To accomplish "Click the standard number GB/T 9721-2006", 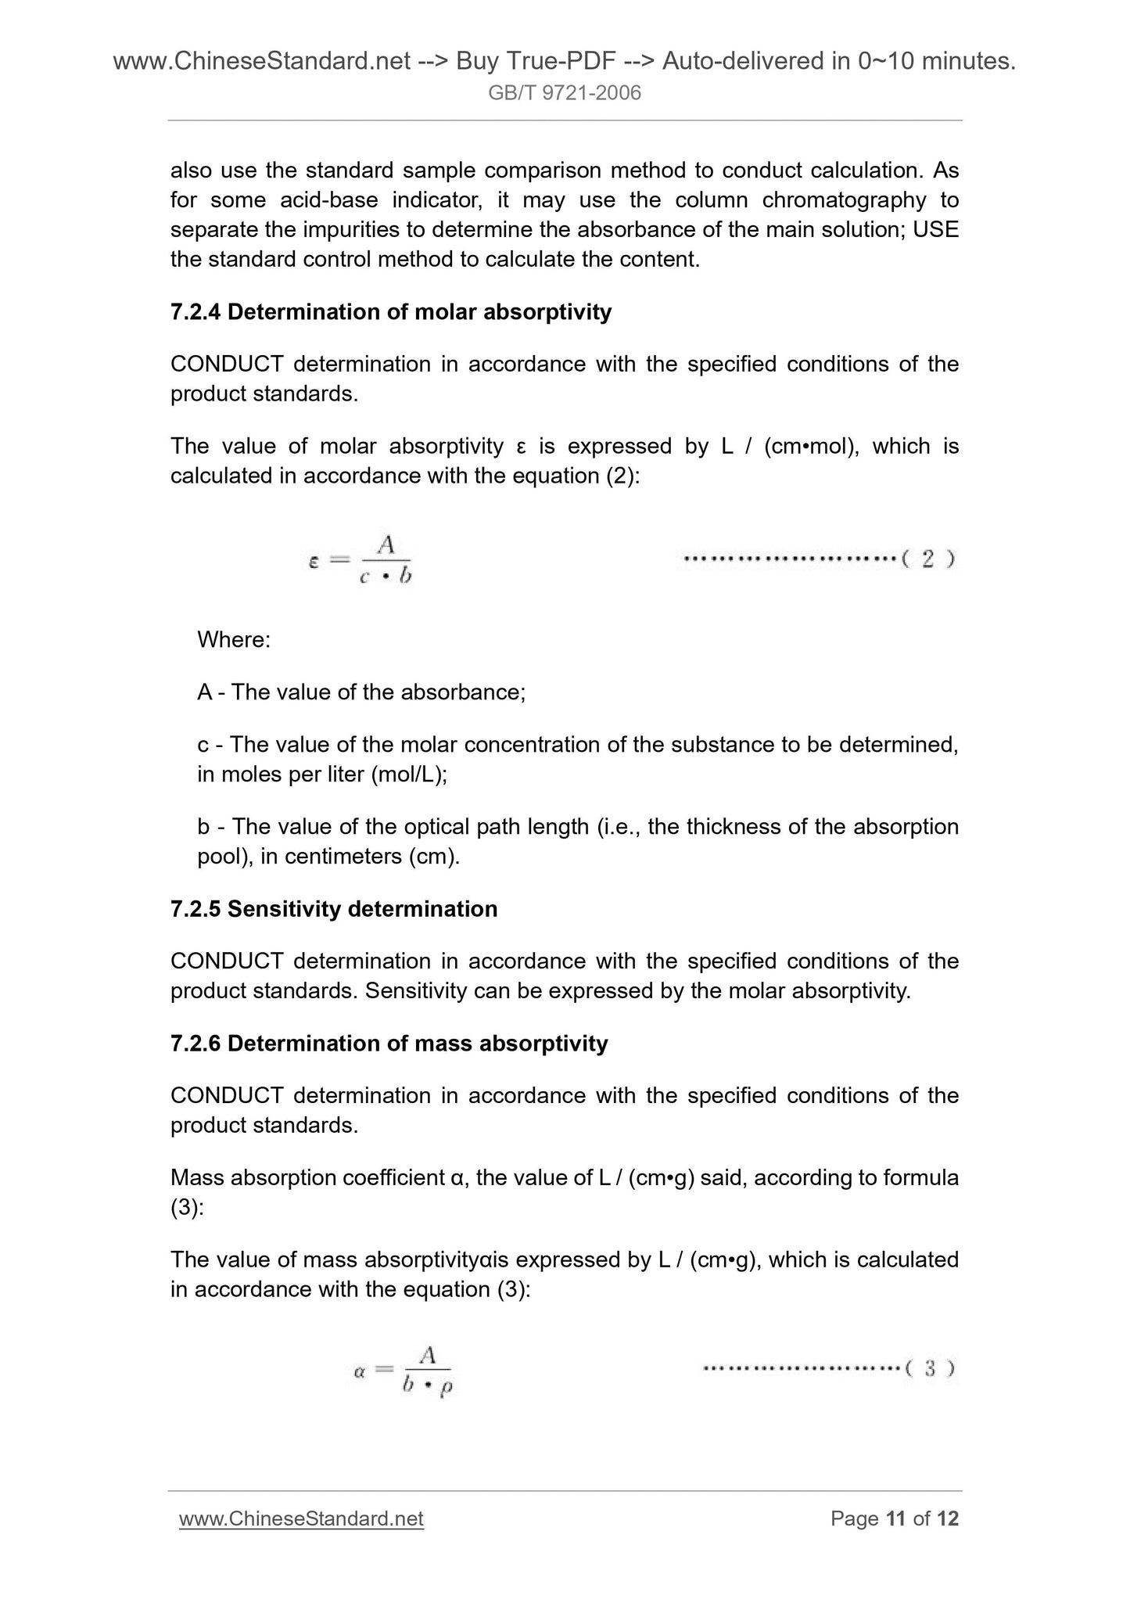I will click(x=564, y=93).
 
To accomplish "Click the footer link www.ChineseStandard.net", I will click(x=301, y=1518).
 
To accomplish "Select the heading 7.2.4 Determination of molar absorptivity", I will click(x=391, y=312).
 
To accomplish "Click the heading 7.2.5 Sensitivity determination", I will click(x=334, y=909).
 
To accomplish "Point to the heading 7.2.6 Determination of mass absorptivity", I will click(x=389, y=1044).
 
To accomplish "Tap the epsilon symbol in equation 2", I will click(x=314, y=561).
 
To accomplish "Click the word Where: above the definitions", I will click(x=234, y=640).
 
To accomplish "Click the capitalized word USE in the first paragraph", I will click(x=935, y=230).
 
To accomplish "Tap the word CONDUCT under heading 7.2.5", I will click(x=227, y=961).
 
